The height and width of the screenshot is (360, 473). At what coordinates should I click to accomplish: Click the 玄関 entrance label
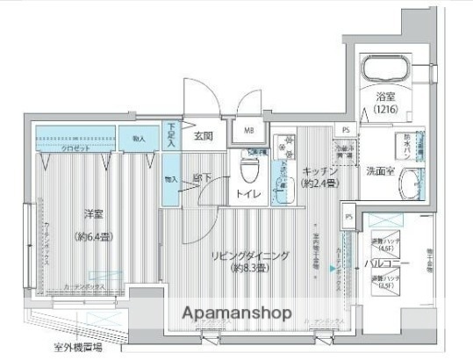click(x=204, y=135)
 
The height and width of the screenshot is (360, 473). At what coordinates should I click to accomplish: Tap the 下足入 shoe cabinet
click(x=170, y=135)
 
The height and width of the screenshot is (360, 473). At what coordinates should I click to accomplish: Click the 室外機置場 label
click(x=68, y=349)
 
